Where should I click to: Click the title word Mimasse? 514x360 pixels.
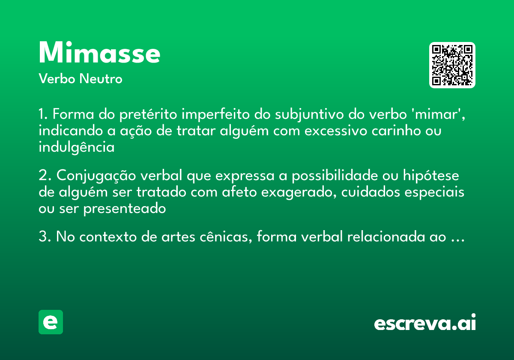[99, 53]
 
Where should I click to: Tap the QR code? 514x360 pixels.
[452, 65]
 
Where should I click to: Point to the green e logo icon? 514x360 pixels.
[51, 322]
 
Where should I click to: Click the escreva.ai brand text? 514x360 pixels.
[425, 323]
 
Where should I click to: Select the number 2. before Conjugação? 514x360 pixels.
[45, 176]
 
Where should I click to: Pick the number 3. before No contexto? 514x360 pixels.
[45, 237]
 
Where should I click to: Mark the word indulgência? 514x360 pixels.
[77, 148]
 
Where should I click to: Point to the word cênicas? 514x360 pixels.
[225, 237]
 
